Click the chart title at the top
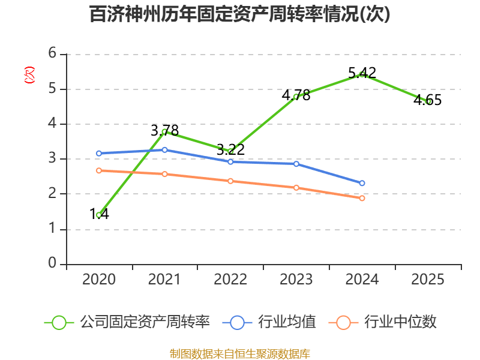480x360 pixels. point(240,14)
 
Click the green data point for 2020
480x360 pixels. point(98,215)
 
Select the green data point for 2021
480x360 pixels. point(164,131)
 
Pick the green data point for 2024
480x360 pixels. point(362,74)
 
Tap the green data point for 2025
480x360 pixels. point(428,101)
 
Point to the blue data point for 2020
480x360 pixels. point(98,154)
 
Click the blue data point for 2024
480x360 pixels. point(362,183)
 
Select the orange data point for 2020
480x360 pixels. point(98,170)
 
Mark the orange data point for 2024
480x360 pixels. point(362,198)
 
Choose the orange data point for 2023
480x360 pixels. point(296,188)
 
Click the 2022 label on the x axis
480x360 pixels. point(230,280)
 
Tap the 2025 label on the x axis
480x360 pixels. point(428,280)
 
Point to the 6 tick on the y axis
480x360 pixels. point(52,54)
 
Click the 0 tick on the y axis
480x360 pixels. point(52,264)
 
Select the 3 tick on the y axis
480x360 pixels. point(52,159)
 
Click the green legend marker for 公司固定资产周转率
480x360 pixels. point(58,322)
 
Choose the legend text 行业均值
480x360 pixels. point(287,322)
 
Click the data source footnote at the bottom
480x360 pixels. point(240,353)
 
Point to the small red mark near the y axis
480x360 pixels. point(28,75)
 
